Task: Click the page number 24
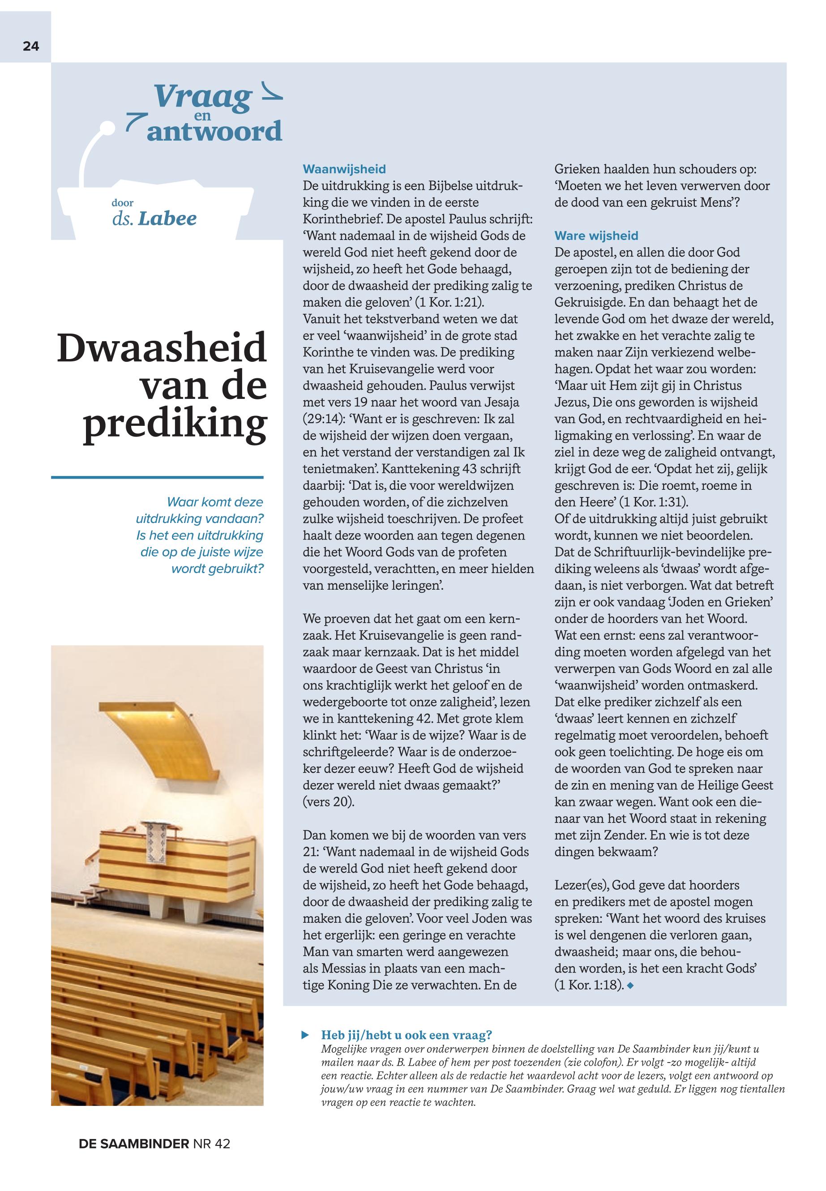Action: click(x=30, y=46)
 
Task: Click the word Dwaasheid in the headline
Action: click(x=162, y=348)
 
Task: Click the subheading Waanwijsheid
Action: click(x=344, y=169)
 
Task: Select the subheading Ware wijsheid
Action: click(x=596, y=236)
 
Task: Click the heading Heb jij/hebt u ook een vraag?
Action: click(x=406, y=1034)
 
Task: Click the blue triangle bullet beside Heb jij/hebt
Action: click(x=305, y=1035)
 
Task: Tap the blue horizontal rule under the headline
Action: click(x=157, y=477)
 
